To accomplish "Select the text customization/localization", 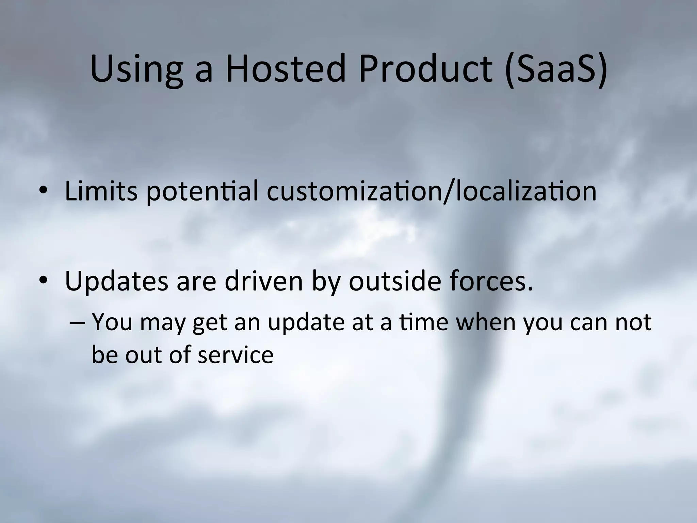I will (x=431, y=191).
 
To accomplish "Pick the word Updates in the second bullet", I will (x=116, y=282).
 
